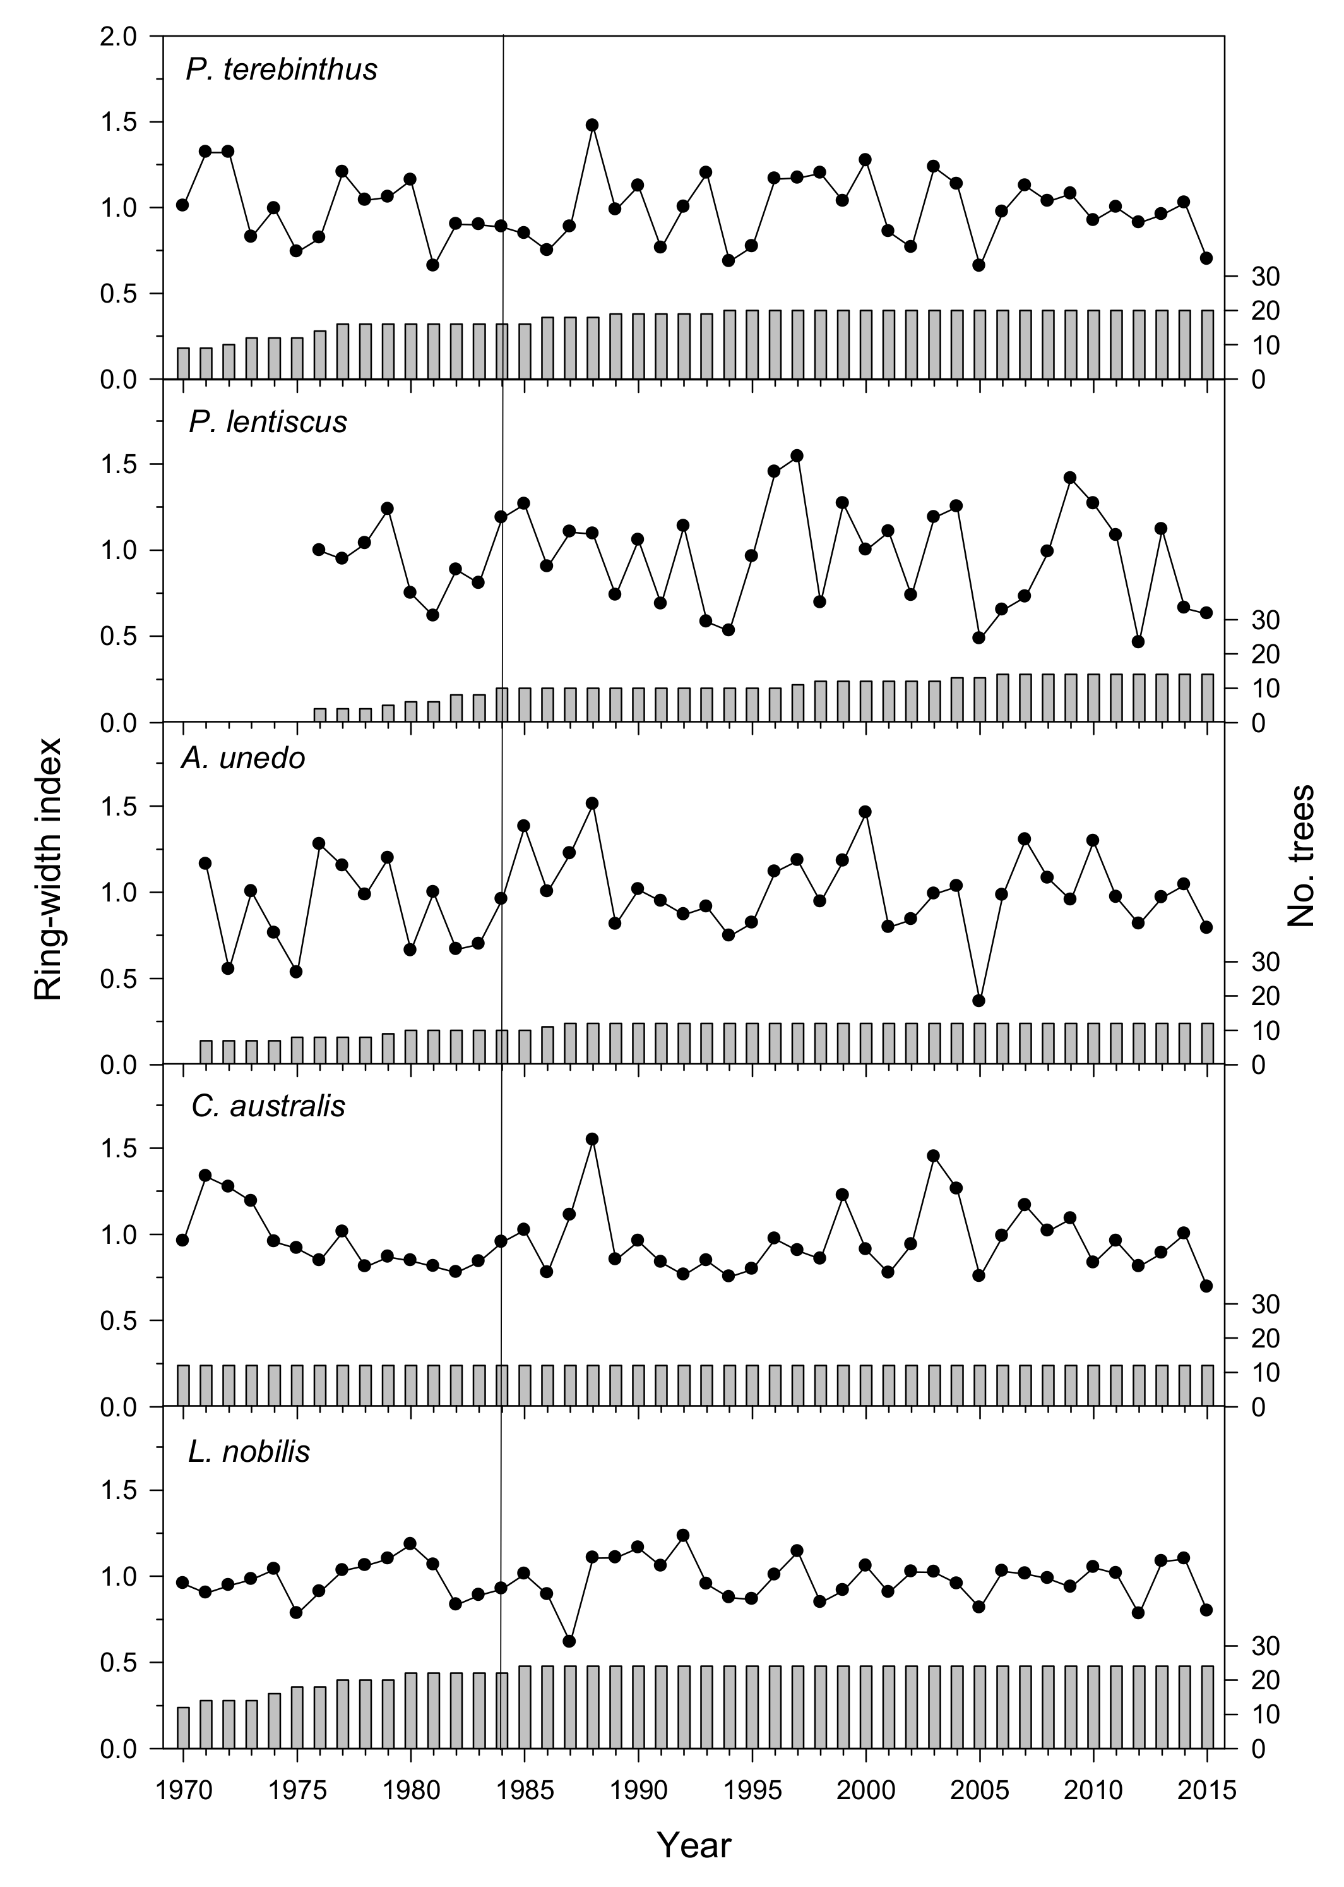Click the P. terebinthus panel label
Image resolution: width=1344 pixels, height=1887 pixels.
pos(282,69)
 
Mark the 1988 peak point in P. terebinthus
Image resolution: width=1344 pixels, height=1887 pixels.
pos(592,125)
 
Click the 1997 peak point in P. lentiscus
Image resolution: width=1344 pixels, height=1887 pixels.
pos(797,455)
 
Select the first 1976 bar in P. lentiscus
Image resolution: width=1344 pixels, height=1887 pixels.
pos(319,714)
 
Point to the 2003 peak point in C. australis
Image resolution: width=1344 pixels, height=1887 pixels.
pos(934,1156)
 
